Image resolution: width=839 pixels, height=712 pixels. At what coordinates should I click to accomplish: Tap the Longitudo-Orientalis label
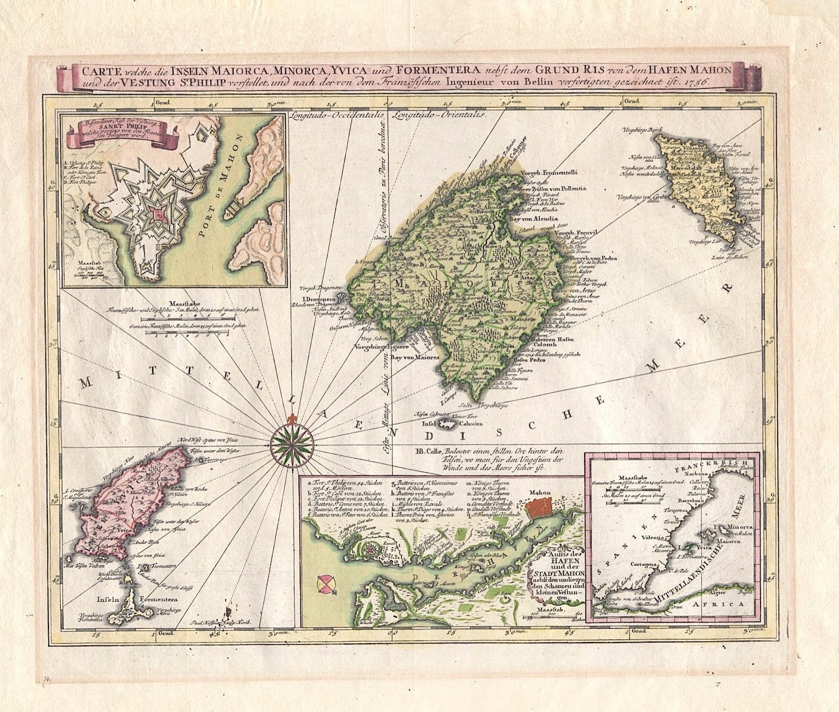coord(439,115)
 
